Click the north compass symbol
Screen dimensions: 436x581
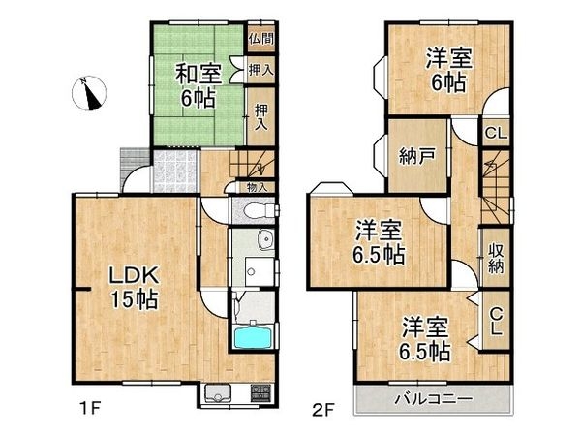pos(90,93)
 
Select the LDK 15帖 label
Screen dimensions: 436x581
pos(131,286)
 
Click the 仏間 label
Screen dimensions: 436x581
pos(260,39)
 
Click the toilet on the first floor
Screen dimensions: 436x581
pos(254,212)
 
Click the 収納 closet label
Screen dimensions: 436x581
pos(496,256)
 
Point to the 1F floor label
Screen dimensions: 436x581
pos(90,408)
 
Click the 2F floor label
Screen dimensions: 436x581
pos(322,408)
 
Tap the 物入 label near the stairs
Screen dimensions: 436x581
pos(257,187)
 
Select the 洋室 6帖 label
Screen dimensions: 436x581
pos(446,70)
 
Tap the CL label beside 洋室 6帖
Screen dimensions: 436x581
pos(494,133)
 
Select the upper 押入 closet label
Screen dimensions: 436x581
pos(260,69)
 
